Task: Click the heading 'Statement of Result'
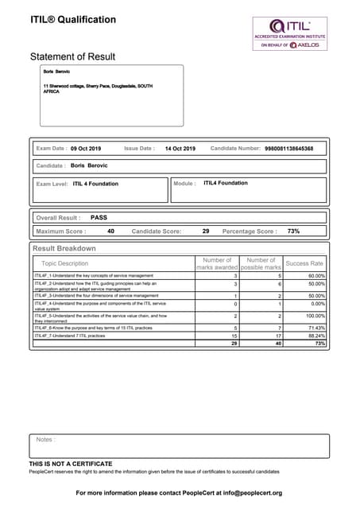click(72, 57)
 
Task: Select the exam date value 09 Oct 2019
click(86, 149)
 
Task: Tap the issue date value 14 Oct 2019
click(180, 149)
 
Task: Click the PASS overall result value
click(99, 217)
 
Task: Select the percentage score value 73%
click(293, 231)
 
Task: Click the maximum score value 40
click(110, 231)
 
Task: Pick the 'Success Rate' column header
click(304, 263)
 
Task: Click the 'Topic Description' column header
click(65, 263)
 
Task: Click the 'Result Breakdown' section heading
click(64, 249)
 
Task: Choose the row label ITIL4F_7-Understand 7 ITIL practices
click(74, 336)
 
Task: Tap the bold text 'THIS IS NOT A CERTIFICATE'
click(71, 463)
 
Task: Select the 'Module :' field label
click(184, 184)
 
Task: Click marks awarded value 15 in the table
click(234, 336)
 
